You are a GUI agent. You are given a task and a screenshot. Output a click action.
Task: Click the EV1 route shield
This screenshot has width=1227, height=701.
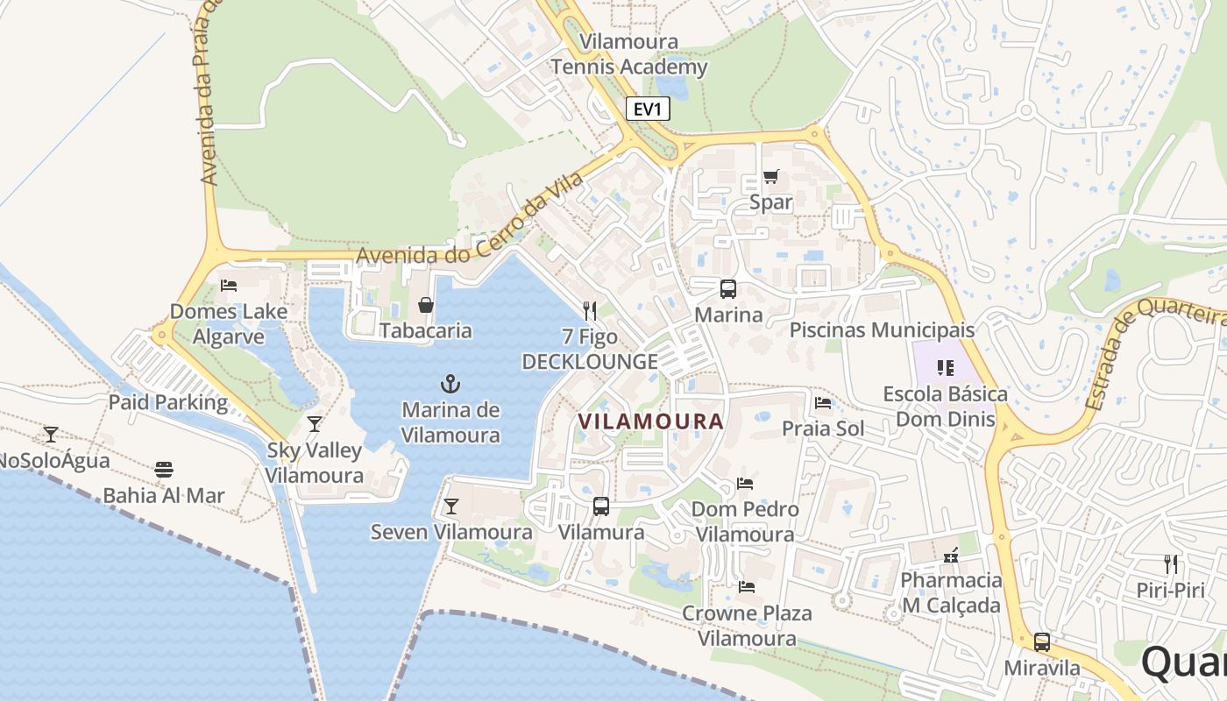click(649, 110)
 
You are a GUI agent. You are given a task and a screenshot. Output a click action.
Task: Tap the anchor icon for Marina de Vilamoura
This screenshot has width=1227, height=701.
click(450, 383)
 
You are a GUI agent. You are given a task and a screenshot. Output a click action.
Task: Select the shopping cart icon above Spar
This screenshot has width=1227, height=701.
click(770, 177)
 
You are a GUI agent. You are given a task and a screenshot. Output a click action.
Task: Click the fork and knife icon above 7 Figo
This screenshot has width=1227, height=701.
click(590, 310)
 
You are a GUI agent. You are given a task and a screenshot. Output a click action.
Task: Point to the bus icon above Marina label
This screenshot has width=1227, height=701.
click(728, 288)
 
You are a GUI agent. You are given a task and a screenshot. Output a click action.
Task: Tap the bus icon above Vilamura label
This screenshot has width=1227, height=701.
click(601, 506)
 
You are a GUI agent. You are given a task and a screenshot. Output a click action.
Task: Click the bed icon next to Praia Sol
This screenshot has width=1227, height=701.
click(823, 403)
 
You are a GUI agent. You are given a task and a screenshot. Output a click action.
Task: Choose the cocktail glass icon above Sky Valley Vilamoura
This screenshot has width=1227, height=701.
click(315, 424)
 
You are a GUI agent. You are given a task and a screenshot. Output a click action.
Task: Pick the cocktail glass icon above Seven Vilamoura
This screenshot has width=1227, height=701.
click(450, 506)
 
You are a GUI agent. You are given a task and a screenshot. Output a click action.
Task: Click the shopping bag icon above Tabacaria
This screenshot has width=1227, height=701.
click(426, 305)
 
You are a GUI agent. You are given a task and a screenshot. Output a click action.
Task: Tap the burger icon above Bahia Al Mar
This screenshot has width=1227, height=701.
click(164, 470)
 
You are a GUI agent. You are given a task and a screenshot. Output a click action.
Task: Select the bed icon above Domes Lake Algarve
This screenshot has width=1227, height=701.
click(229, 286)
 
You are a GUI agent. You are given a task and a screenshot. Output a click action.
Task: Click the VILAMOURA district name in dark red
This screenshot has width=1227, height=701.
click(651, 421)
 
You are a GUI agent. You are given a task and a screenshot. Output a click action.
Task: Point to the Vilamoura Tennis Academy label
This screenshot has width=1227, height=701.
click(629, 54)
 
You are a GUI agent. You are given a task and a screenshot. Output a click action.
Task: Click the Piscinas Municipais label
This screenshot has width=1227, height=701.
click(882, 330)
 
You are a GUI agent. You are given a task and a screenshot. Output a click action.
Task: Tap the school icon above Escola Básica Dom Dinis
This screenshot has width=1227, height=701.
click(945, 368)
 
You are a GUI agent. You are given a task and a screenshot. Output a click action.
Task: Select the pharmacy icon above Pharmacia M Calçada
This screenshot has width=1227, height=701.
click(951, 555)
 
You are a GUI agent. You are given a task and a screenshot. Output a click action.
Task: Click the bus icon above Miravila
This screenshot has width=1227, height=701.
click(1042, 641)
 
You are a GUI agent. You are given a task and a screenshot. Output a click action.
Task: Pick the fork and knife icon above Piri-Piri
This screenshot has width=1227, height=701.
click(1171, 563)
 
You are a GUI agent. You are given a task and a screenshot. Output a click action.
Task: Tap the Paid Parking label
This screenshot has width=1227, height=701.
click(167, 403)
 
